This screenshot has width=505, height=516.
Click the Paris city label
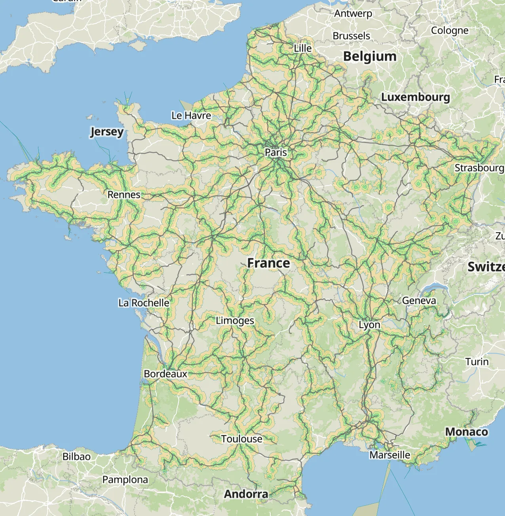tap(276, 152)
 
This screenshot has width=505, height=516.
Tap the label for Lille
tap(302, 48)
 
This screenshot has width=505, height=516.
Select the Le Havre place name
tap(191, 116)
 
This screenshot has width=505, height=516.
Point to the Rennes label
tap(124, 195)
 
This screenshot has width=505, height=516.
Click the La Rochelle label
tap(144, 303)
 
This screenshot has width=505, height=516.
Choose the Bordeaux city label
tap(165, 374)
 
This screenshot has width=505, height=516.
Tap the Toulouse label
tap(241, 439)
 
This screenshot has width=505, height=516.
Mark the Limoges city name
tap(235, 321)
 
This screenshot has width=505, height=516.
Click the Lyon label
tap(369, 325)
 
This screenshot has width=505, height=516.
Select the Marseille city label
tap(390, 455)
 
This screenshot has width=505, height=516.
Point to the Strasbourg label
tap(479, 168)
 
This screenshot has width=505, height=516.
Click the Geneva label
tap(419, 301)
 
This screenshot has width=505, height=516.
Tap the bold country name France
tap(268, 263)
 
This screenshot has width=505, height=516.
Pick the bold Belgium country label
tap(370, 57)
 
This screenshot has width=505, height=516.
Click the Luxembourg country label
tap(416, 97)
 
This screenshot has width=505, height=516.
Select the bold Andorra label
tap(246, 494)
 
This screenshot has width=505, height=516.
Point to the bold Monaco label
tap(467, 432)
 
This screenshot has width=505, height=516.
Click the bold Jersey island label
tap(107, 131)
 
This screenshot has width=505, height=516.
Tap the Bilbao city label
tap(76, 457)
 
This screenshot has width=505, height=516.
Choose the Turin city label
tap(477, 362)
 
